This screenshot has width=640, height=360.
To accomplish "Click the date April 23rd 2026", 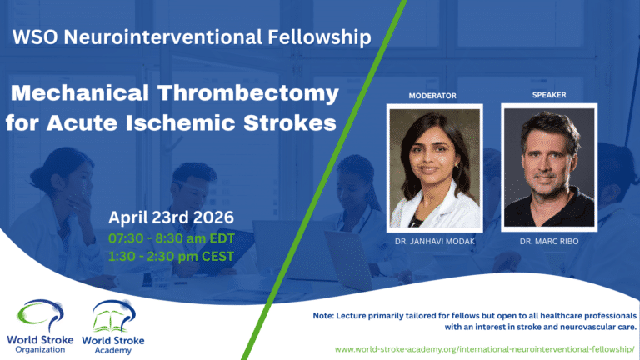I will (172, 218).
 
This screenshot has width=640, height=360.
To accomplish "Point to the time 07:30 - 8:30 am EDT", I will (172, 237).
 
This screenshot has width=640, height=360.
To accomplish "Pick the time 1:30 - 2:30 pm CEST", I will (172, 256).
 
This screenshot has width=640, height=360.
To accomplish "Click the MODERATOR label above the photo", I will (432, 96).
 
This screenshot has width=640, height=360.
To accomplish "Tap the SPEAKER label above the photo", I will (549, 95).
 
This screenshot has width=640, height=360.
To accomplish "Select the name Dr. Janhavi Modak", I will (434, 241).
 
